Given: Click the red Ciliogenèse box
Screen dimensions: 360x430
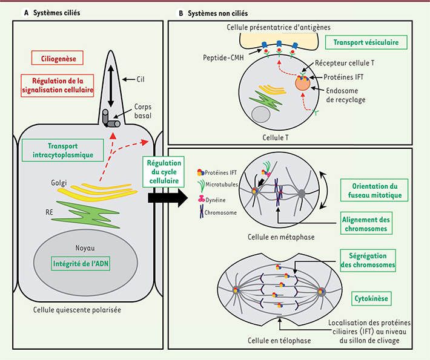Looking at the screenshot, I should coord(57,59).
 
